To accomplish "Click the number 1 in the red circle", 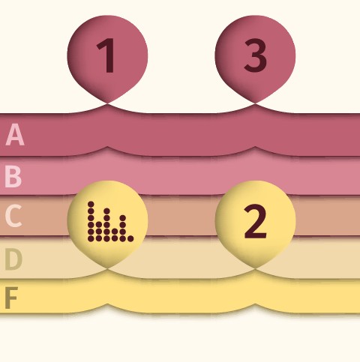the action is [106, 55].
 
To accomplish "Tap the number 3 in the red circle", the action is [255, 55].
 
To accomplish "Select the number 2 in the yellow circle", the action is [255, 221].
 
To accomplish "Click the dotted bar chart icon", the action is [110, 222].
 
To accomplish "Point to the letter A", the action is [15, 134].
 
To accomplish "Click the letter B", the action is [13, 177].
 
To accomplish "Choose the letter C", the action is [13, 216].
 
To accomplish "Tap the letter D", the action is [13, 259].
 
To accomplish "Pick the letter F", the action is [11, 298].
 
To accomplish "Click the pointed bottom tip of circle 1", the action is [107, 103].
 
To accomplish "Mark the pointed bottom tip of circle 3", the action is [255, 103].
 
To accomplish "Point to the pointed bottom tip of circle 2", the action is [255, 268].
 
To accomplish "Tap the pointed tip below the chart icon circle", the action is [107, 268].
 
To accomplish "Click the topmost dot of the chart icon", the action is [91, 205].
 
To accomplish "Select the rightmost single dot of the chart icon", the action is [130, 238].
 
